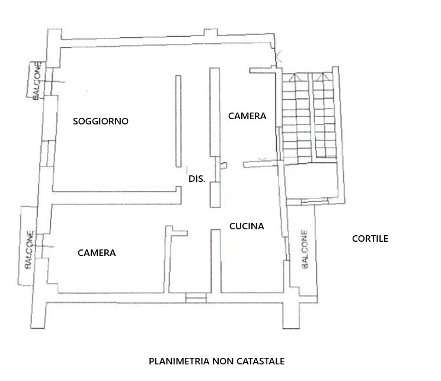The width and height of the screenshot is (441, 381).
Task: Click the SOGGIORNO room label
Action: click(100, 121)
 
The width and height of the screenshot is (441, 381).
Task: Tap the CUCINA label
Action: click(247, 226)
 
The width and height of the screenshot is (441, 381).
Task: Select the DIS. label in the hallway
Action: click(197, 179)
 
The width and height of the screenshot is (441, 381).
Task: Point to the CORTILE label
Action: click(370, 238)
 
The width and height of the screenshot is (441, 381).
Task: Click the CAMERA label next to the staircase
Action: click(247, 116)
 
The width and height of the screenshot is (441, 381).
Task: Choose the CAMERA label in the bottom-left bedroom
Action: click(97, 253)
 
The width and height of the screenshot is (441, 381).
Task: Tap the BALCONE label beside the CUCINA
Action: click(305, 249)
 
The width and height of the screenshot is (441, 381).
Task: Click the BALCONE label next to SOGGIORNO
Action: click(37, 81)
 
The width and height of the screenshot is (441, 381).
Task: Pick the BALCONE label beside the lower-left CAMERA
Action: click(29, 249)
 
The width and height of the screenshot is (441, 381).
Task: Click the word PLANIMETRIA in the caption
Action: click(180, 361)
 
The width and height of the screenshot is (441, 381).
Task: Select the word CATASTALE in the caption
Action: click(260, 361)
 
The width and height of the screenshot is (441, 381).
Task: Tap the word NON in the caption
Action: click(223, 361)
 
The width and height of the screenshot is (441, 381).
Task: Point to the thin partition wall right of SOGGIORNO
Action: click(178, 121)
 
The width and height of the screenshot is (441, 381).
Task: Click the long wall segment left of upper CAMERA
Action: click(215, 112)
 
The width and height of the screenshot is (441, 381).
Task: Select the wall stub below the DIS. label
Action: click(215, 194)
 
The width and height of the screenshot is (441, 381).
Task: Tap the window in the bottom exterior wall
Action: click(196, 298)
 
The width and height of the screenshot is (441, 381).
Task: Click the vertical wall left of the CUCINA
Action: click(216, 261)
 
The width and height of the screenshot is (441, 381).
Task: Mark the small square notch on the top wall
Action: click(210, 33)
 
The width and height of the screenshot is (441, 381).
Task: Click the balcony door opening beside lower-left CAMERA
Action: click(40, 246)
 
